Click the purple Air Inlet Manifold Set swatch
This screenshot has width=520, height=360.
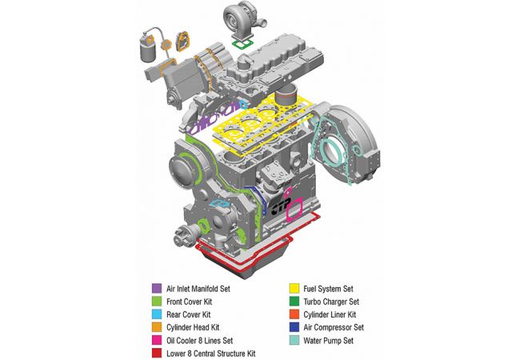pos(157,288)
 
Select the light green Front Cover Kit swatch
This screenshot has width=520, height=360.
pos(157,302)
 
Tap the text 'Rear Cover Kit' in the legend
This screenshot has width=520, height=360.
pos(188,314)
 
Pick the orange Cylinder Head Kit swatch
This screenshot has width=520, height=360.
pos(157,327)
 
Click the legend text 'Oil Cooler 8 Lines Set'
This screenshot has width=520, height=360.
pos(200,341)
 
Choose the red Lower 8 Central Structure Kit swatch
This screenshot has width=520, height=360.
pos(157,353)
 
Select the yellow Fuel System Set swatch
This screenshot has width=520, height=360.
pos(294,288)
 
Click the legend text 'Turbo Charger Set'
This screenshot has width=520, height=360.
pos(331,302)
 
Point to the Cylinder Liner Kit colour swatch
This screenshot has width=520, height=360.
pos(294,314)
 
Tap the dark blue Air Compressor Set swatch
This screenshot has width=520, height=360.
pos(294,327)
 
